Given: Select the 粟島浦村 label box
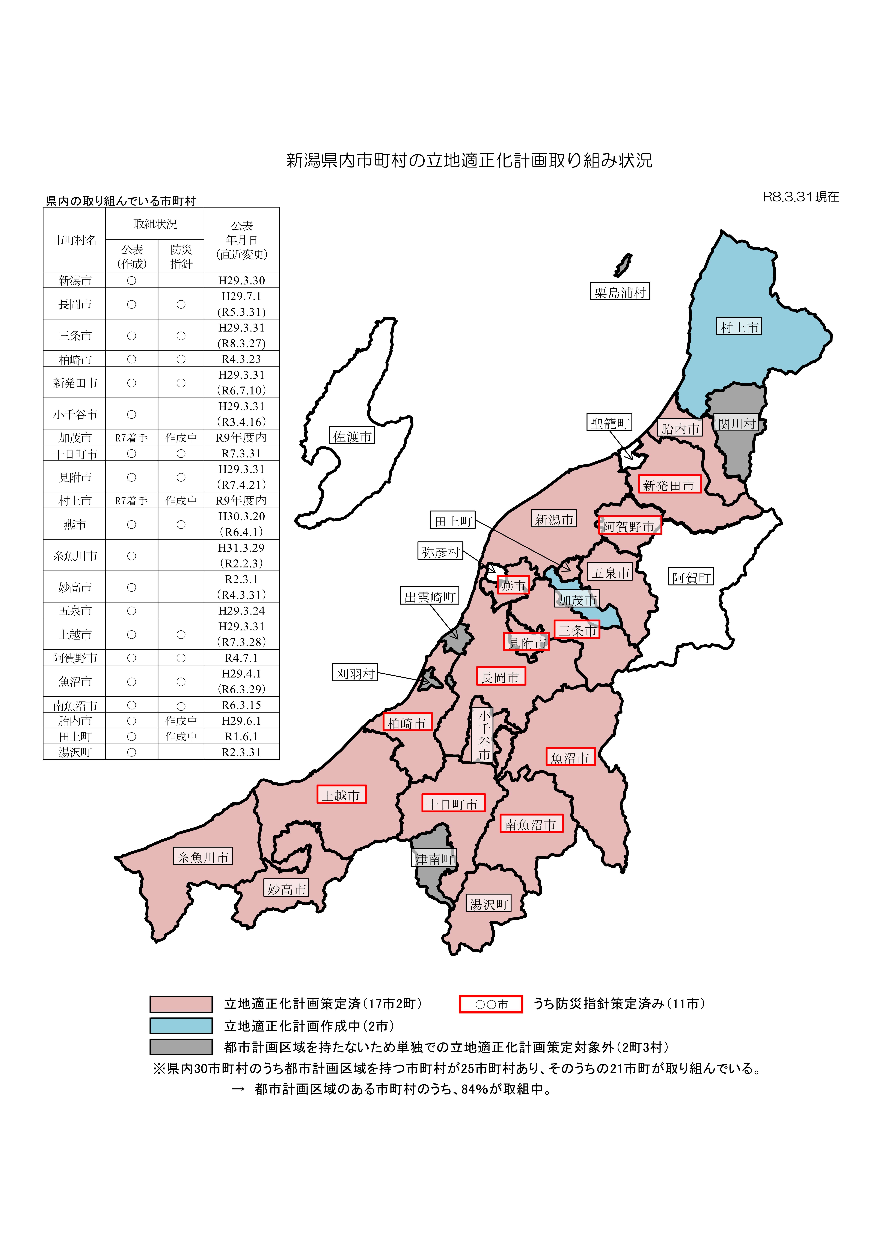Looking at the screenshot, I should (x=620, y=292).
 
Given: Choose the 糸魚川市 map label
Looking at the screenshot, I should (x=203, y=857).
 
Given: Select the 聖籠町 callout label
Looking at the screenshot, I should (x=609, y=423).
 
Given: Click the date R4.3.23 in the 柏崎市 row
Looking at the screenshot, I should (x=241, y=359).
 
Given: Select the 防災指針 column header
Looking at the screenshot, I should (x=181, y=257).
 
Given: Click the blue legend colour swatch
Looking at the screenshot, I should (x=181, y=1026).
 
